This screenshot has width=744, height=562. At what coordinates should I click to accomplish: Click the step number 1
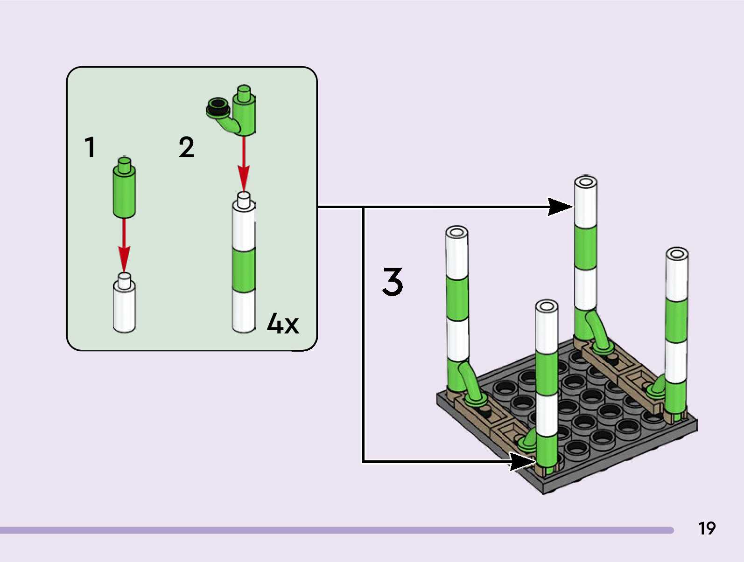[x=90, y=147]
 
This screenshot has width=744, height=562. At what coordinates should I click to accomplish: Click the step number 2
[x=186, y=147]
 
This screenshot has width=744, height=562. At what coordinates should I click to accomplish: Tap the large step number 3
[x=393, y=282]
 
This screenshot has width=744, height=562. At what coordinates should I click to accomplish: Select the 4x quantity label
[x=283, y=324]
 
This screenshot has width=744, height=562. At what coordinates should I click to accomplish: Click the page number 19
[x=707, y=528]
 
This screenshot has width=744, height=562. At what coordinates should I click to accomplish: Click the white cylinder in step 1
[x=124, y=303]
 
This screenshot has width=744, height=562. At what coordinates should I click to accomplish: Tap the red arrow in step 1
[x=124, y=245]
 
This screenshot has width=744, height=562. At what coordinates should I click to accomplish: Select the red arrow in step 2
[x=244, y=164]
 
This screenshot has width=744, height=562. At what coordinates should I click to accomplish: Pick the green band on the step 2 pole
[x=244, y=271]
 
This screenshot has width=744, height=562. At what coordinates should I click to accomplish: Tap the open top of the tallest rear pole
[x=586, y=182]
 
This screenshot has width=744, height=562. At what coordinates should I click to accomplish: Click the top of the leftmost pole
[x=456, y=233]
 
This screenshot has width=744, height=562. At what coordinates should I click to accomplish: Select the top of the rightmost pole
[x=677, y=254]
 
